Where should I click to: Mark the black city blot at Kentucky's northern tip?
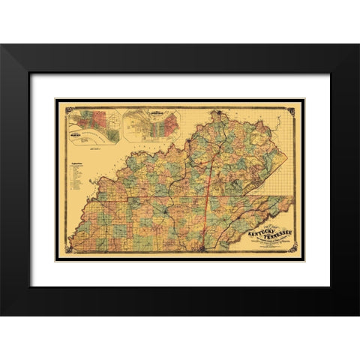click(x=218, y=115)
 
